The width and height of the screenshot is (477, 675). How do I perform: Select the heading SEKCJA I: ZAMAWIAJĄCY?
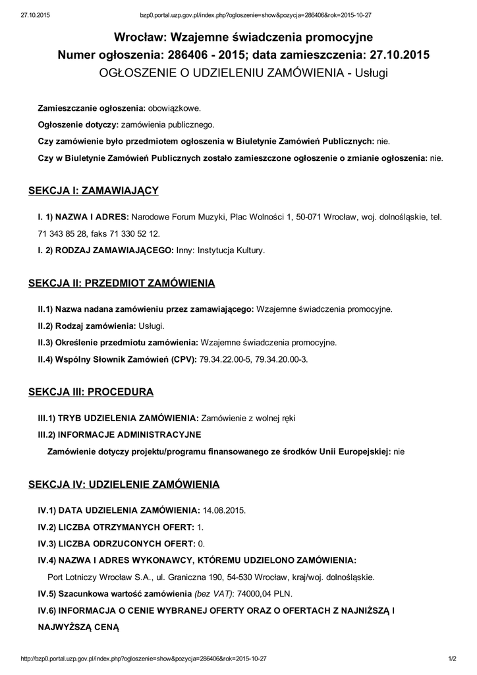pyautogui.click(x=93, y=191)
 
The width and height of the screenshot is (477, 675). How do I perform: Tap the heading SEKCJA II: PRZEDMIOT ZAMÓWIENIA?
pyautogui.click(x=121, y=283)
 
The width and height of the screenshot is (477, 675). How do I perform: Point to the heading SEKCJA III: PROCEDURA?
pyautogui.click(x=90, y=392)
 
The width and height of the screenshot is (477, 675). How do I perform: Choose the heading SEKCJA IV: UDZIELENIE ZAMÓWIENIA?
pyautogui.click(x=123, y=484)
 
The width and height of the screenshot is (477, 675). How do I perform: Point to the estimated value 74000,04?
pyautogui.click(x=254, y=594)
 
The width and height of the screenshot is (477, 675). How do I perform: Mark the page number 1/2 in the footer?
pyautogui.click(x=453, y=659)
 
